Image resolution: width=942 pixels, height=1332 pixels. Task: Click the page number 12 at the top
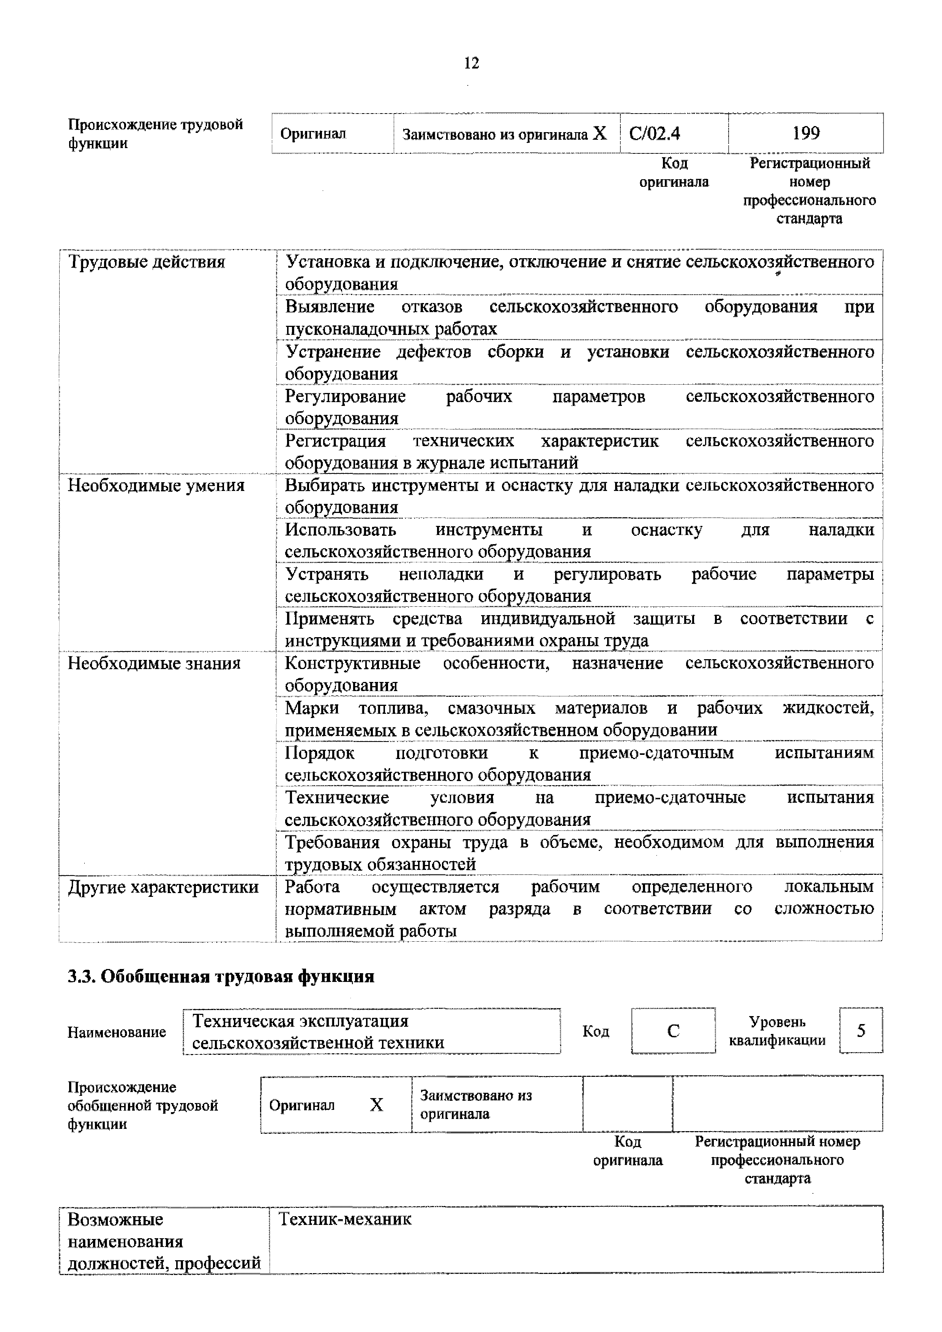tap(472, 63)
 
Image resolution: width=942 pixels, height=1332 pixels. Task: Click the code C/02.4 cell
tap(654, 134)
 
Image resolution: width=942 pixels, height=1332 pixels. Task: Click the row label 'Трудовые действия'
tap(147, 262)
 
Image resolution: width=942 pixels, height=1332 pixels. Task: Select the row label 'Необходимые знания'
tap(154, 663)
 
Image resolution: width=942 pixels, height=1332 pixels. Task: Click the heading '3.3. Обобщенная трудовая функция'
tap(221, 976)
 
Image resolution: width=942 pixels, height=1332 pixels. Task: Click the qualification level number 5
tap(861, 1031)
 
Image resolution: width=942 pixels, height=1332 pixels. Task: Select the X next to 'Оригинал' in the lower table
tap(376, 1105)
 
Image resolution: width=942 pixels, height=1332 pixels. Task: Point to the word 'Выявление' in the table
tap(330, 306)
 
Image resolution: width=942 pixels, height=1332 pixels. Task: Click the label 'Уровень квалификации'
tap(777, 1031)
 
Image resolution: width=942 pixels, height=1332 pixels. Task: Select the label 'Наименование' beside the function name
tap(117, 1032)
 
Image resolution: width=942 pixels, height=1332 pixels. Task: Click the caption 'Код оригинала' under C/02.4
tap(674, 173)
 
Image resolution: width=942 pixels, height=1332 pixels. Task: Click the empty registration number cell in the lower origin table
tap(777, 1104)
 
